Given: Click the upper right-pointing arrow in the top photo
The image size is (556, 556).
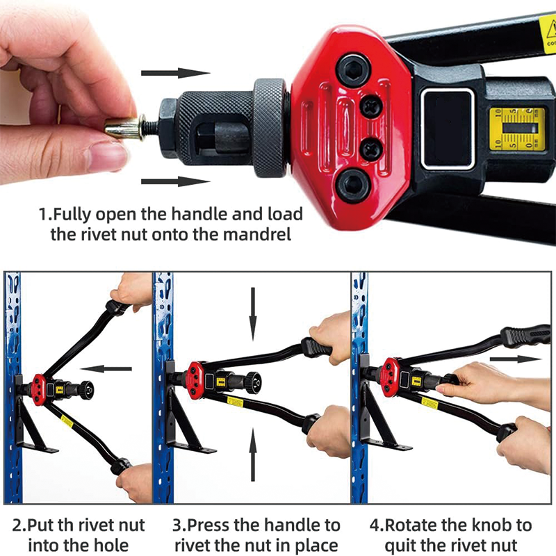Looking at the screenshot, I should [175, 73].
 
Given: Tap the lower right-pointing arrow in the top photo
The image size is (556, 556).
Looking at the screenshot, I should [175, 182].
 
